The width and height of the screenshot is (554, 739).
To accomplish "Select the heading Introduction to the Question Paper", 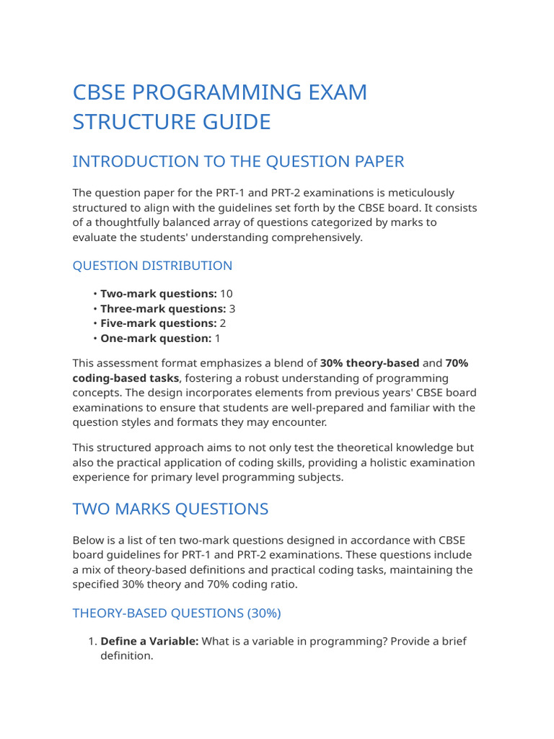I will pos(238,162).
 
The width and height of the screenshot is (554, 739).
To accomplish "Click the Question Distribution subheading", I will pos(152,266).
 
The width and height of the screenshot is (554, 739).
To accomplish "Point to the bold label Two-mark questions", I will pos(158,294).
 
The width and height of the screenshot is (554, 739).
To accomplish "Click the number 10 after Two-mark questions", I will pos(227,294).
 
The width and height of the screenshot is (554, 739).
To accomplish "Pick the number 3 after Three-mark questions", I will pos(232,309).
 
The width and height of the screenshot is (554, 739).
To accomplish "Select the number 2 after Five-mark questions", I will pos(223,323).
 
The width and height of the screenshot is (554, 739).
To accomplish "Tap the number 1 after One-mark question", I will pos(218,338).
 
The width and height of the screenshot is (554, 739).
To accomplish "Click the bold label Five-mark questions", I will pos(158,323).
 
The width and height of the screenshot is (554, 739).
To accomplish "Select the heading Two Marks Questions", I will pos(170,509).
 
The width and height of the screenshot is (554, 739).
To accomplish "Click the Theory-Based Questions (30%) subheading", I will pos(177,613).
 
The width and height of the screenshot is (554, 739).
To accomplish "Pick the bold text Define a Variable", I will pos(149,641).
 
